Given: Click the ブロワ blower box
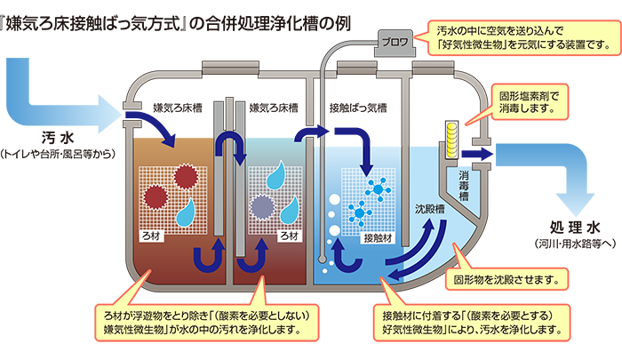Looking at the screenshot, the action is [395, 43].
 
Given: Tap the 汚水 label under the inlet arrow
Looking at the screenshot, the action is [58, 138].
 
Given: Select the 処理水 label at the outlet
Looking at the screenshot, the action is [575, 228].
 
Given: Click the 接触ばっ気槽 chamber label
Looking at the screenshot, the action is [358, 108].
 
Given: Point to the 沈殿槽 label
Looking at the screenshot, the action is [429, 209].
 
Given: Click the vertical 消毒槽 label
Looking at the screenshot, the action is [464, 186].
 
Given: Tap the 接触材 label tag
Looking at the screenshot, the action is [378, 237].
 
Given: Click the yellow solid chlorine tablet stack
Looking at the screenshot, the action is [451, 140].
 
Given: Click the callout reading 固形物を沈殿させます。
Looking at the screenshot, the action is [506, 279].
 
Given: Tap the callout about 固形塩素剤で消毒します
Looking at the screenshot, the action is [530, 102].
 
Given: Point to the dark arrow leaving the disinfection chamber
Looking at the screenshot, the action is [476, 153].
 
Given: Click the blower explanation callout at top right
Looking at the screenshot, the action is [523, 37].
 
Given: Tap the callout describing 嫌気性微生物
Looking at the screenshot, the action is [206, 323].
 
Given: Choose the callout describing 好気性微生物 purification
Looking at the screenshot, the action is [472, 323].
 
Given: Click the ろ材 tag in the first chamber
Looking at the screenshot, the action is [151, 236].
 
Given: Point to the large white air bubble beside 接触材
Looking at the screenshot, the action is [334, 231].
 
